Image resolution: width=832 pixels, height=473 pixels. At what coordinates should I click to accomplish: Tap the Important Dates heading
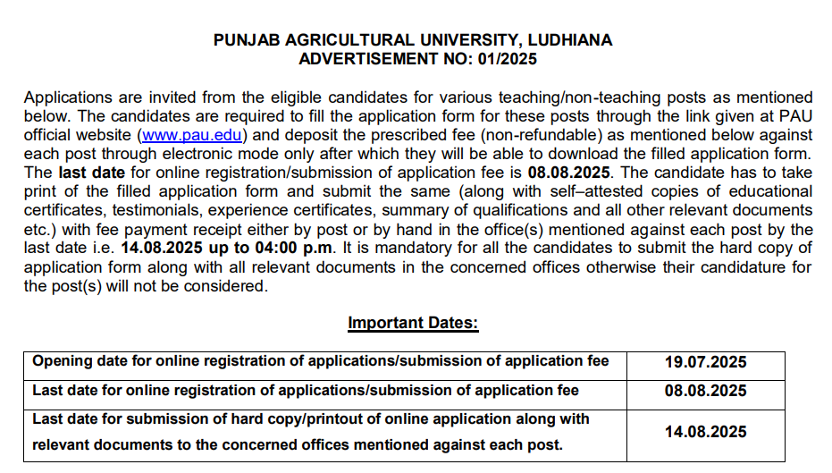tap(413, 323)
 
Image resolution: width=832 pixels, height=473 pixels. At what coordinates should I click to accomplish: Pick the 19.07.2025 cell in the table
tap(705, 362)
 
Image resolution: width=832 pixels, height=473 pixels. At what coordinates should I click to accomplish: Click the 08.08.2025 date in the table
tap(705, 391)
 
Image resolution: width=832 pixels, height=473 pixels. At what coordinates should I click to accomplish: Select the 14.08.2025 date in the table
tap(705, 432)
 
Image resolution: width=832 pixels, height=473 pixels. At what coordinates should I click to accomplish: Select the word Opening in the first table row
tap(62, 361)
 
